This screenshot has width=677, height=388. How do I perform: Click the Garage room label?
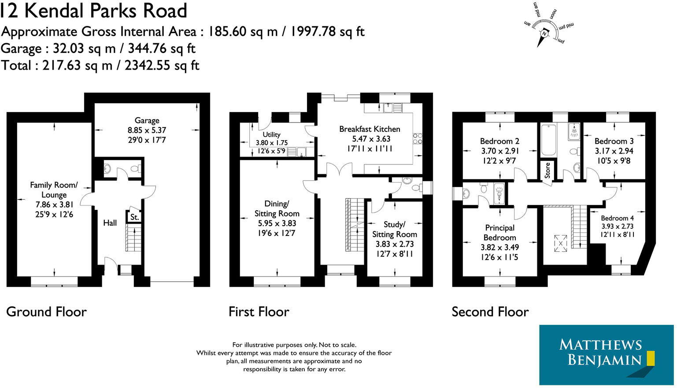[x=147, y=120]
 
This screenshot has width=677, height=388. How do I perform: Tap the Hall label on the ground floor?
[x=110, y=223]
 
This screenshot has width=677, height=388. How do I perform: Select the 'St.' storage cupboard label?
[x=134, y=217]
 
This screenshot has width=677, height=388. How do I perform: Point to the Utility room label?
[x=271, y=134]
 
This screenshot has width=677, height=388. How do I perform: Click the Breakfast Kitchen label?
[x=370, y=129]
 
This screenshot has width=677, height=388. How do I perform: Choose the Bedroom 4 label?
[x=617, y=218]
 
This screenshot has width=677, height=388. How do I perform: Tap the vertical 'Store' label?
[x=548, y=170]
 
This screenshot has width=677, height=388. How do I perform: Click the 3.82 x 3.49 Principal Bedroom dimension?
[x=499, y=247]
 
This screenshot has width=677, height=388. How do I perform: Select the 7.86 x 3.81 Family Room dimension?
[x=54, y=205]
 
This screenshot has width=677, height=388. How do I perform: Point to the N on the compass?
[x=544, y=34]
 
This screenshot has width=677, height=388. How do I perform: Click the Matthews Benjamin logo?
[x=600, y=355]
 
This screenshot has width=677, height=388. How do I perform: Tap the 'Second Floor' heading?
[x=490, y=312]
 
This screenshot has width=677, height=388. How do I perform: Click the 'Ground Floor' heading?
[x=46, y=312]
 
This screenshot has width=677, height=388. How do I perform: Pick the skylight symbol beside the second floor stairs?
[x=561, y=243]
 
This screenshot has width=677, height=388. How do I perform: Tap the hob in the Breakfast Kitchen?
[x=418, y=138]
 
